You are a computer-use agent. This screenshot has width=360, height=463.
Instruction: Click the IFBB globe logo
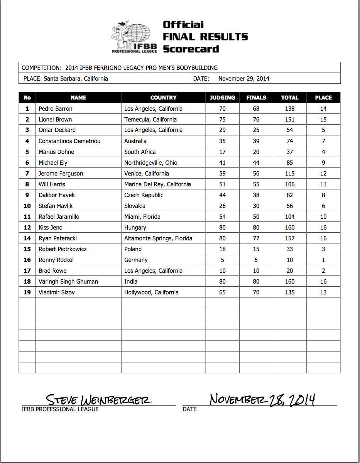pyautogui.click(x=135, y=36)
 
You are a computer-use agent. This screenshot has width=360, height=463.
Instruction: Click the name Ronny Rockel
pyautogui.click(x=56, y=260)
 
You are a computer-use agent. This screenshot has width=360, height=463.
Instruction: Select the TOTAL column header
pyautogui.click(x=290, y=98)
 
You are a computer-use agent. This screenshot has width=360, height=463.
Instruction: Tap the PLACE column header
pyautogui.click(x=323, y=98)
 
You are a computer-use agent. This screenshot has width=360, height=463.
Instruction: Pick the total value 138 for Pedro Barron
pyautogui.click(x=290, y=109)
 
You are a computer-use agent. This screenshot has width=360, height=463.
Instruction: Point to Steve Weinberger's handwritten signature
pyautogui.click(x=99, y=399)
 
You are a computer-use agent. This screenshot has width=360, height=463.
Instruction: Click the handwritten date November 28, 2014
pyautogui.click(x=262, y=399)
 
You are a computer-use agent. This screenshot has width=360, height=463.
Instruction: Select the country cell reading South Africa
pyautogui.click(x=140, y=152)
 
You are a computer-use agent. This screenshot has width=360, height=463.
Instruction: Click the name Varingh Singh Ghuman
pyautogui.click(x=68, y=282)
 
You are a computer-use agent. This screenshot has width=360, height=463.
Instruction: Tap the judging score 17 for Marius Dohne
pyautogui.click(x=222, y=152)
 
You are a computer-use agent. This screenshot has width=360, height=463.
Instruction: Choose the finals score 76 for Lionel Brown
pyautogui.click(x=256, y=120)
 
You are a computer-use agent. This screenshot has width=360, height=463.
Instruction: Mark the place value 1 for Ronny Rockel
pyautogui.click(x=323, y=260)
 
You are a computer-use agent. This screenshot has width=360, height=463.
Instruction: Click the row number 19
pyautogui.click(x=27, y=292)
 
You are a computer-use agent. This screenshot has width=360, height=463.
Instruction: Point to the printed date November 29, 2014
pyautogui.click(x=244, y=79)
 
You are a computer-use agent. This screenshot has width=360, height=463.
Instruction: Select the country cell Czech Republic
pyautogui.click(x=144, y=195)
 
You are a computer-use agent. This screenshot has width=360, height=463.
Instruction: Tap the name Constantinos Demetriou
pyautogui.click(x=69, y=141)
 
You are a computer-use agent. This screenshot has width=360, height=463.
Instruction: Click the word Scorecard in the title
pyautogui.click(x=191, y=49)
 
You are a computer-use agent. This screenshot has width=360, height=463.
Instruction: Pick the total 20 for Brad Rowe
pyautogui.click(x=290, y=271)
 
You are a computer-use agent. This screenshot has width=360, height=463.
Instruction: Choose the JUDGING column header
pyautogui.click(x=222, y=98)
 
